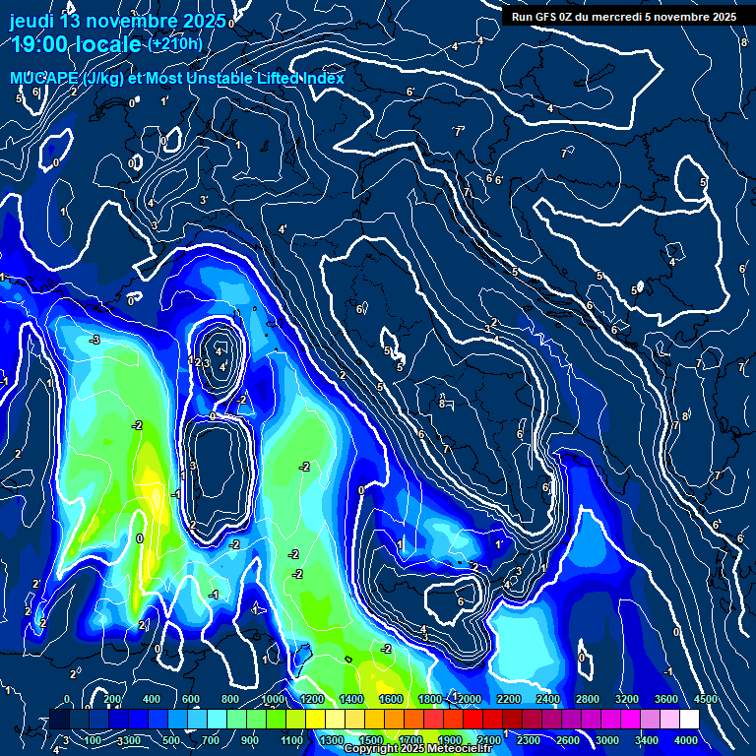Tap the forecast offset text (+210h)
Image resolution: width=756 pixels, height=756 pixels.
(175, 44)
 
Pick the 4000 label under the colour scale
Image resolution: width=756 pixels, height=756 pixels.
(685, 740)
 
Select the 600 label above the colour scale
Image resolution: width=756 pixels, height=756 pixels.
(190, 699)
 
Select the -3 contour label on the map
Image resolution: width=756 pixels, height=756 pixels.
(94, 340)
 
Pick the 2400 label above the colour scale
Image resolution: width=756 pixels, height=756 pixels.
(547, 699)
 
